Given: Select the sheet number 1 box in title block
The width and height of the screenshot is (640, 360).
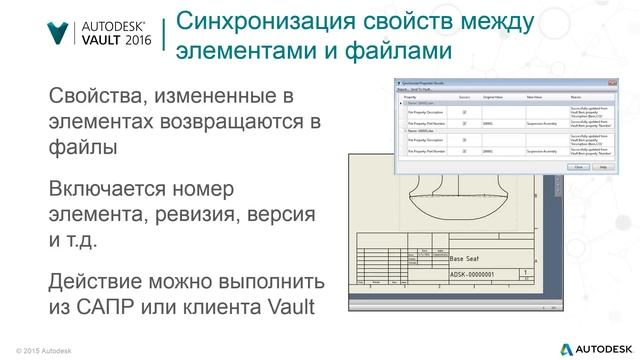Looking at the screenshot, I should point(526,272).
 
